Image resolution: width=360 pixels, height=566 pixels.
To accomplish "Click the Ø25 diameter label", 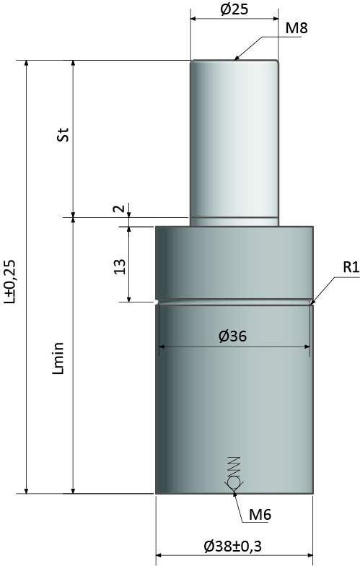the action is point(234,9).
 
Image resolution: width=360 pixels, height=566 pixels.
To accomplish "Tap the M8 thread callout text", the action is point(296,28).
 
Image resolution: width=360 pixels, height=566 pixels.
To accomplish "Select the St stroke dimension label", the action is point(63,134).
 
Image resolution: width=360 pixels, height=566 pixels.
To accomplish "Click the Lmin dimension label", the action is point(58,358).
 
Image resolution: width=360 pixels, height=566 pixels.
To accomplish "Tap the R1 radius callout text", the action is point(351,268).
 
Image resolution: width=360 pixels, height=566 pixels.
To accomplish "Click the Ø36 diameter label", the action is point(232,336).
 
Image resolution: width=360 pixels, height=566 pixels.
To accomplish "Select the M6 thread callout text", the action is point(260,515).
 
